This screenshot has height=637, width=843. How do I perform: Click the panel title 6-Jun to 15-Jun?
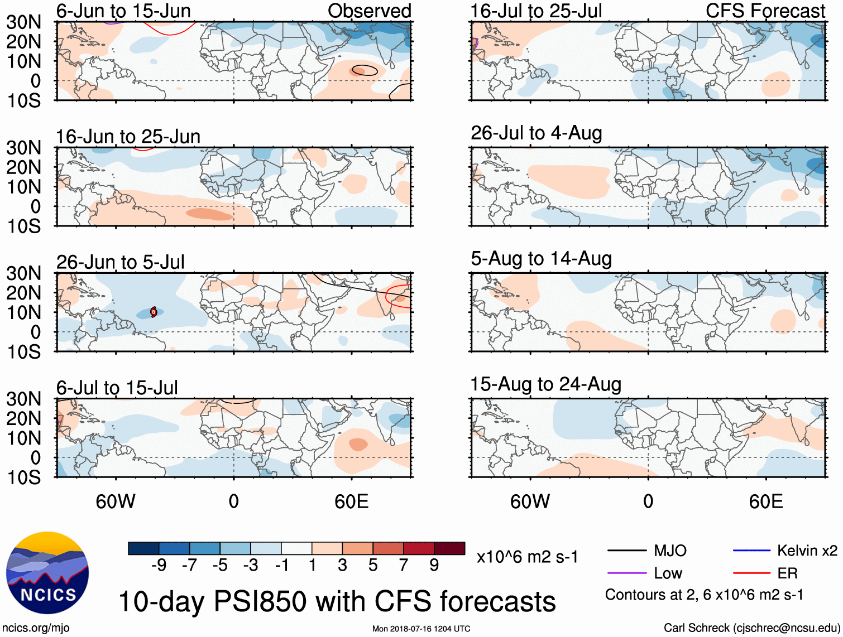123,11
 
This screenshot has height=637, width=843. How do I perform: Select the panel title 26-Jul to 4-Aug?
536,133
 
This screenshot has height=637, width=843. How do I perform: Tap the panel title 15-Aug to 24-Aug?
545,384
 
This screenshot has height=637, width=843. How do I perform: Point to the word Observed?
369,11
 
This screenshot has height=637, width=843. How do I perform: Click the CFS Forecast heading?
765,11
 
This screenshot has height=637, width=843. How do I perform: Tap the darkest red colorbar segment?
449,548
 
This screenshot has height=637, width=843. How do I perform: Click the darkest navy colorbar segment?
143,548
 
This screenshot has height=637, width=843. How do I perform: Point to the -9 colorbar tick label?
159,566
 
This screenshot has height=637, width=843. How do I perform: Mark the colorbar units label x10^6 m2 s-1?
527,557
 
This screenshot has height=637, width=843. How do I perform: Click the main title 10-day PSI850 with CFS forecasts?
337,601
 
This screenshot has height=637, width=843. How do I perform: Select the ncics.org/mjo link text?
36,628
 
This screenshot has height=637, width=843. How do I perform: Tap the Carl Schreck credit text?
751,628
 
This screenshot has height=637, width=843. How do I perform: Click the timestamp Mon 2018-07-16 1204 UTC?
421,629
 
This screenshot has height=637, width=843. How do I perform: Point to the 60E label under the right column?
765,501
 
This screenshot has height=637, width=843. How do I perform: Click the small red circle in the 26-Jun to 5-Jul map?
154,312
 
